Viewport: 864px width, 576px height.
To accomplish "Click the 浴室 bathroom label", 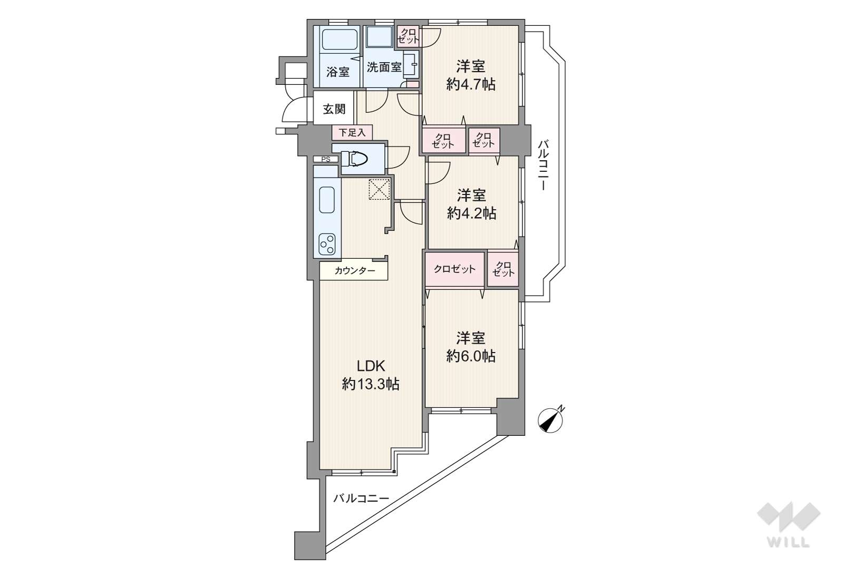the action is (x=338, y=72).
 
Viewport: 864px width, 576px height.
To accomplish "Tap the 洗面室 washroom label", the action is (x=384, y=67).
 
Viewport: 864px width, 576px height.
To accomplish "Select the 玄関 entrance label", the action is (x=334, y=109).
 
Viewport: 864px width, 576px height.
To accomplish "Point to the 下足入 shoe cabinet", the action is (x=352, y=133).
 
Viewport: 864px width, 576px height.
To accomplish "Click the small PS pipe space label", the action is (x=326, y=159).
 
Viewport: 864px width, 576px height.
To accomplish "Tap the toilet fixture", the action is (x=354, y=159).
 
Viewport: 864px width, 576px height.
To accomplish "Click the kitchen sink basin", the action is (x=327, y=199).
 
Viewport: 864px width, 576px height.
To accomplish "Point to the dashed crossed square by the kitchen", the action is (x=380, y=189).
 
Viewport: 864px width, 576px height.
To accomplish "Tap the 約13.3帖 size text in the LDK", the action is (x=370, y=384).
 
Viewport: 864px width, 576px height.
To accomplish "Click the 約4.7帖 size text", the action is (x=471, y=84).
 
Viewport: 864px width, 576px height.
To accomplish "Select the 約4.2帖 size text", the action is (x=471, y=213).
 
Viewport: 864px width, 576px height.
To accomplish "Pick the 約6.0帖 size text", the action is (x=471, y=356).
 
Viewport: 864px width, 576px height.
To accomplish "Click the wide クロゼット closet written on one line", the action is (x=454, y=269).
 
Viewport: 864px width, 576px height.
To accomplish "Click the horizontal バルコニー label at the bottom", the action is (x=361, y=499).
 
